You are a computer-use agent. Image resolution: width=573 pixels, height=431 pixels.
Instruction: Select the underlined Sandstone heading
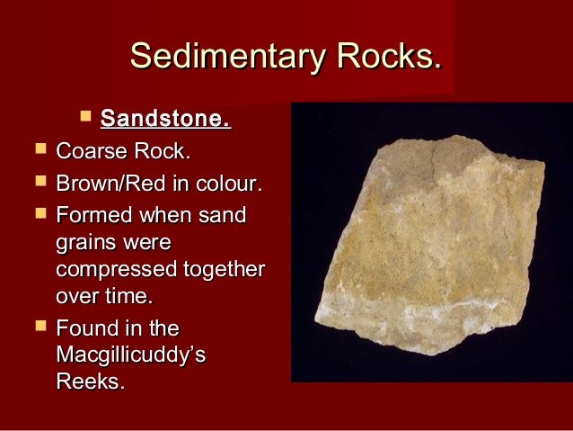[165, 119]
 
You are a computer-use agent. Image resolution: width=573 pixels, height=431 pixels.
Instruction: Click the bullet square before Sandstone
[86, 116]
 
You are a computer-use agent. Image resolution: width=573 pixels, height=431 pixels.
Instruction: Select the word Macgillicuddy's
[130, 356]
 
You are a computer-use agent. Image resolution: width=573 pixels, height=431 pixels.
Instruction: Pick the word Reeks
[90, 382]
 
